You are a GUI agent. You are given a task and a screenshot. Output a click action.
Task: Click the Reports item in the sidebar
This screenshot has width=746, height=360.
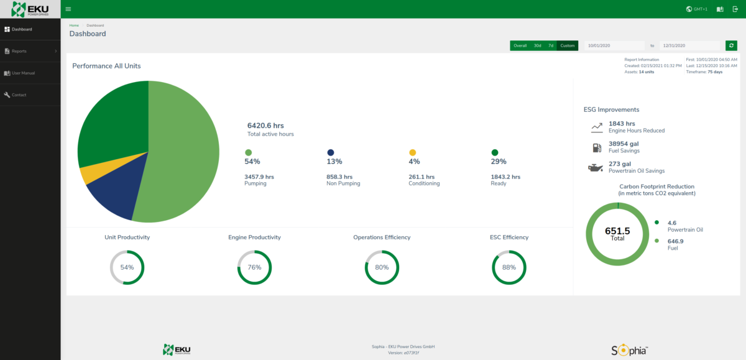[x=19, y=51]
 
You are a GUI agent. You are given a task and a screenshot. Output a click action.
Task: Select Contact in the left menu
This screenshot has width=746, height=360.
[x=19, y=95]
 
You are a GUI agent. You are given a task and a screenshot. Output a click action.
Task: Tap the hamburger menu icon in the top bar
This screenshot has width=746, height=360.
[x=68, y=9]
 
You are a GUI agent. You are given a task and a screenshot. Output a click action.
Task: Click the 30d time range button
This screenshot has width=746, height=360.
[x=537, y=45]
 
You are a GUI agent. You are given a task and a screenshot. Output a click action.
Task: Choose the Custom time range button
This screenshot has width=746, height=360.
[x=567, y=45]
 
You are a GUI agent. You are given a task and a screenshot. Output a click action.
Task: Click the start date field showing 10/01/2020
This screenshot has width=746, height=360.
[x=614, y=45]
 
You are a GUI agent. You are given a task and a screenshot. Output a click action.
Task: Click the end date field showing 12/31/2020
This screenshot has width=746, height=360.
[x=689, y=45]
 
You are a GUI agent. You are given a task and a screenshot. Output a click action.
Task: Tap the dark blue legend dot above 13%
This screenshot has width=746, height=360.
[x=330, y=152]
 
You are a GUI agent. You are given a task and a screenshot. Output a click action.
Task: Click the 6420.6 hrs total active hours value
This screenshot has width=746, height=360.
[x=265, y=126]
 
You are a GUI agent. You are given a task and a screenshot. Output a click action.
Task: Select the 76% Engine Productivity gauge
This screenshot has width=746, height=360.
[x=254, y=267]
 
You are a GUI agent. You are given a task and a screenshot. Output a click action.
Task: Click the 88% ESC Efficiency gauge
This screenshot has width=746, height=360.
[x=509, y=267]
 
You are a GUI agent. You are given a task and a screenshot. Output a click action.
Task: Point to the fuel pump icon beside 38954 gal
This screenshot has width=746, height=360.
[x=597, y=147]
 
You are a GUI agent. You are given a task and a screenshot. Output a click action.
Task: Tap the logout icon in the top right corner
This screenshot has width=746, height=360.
[x=735, y=9]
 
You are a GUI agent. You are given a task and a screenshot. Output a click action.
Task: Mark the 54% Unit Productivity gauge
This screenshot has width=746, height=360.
[x=127, y=267]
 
